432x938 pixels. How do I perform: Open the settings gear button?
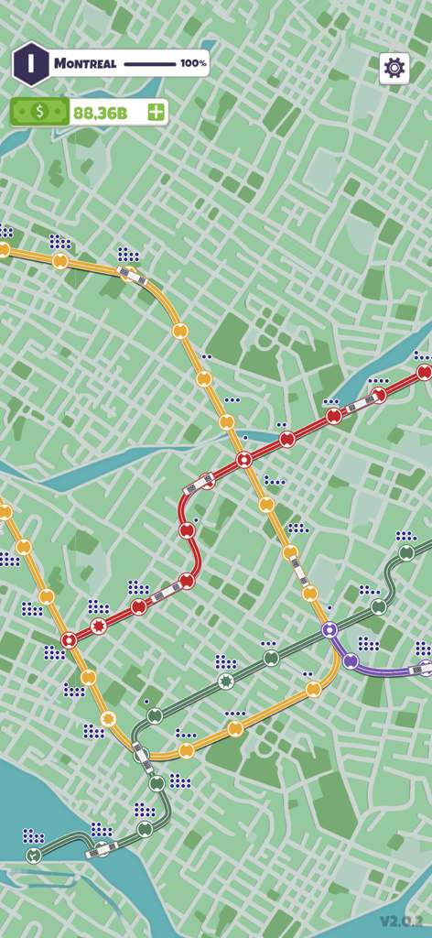(394, 67)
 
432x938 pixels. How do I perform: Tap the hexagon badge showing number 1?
(31, 63)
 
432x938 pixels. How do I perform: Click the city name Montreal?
(85, 64)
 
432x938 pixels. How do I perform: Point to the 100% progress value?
(193, 64)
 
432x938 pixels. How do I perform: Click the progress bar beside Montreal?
(149, 64)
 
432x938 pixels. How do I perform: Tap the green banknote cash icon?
(39, 112)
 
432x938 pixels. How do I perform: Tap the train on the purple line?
(418, 670)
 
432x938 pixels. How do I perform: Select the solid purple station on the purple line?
(351, 660)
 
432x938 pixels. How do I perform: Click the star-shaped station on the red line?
(99, 627)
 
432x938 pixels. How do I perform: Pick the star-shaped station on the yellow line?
(109, 718)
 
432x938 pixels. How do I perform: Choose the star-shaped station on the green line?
(226, 681)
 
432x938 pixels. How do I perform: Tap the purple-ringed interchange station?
(329, 629)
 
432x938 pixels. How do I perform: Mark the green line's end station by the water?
(34, 856)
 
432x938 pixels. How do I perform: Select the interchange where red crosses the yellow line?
(243, 459)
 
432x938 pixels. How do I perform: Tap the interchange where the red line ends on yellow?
(69, 640)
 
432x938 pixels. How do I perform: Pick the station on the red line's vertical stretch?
(186, 529)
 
